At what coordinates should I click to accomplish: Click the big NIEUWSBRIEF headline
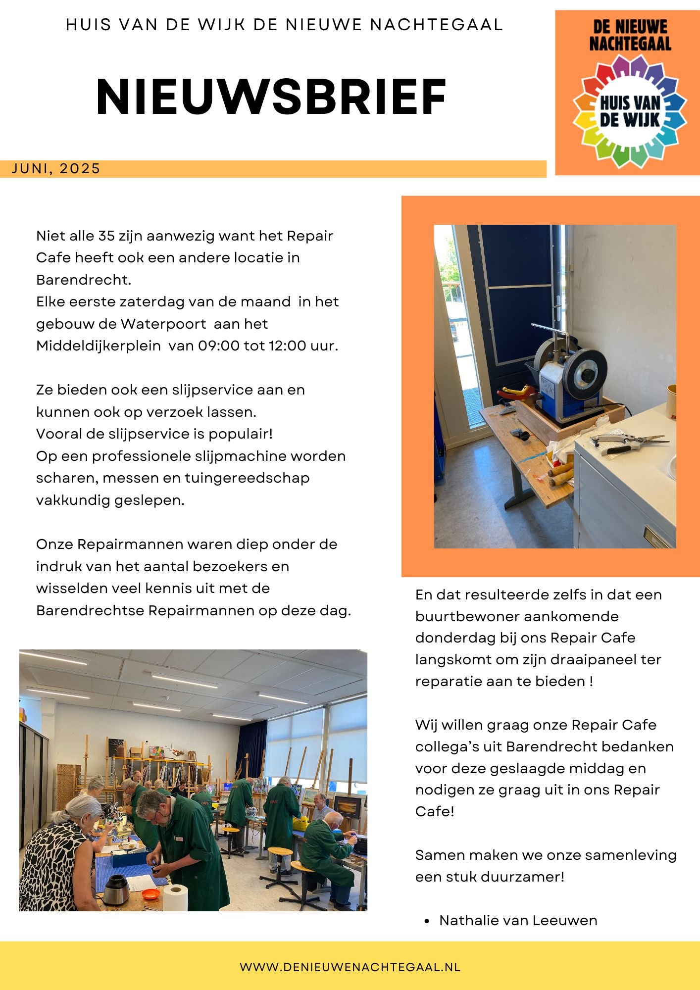click(271, 98)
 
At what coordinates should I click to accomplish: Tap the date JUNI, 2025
click(55, 169)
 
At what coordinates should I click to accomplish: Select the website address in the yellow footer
click(350, 967)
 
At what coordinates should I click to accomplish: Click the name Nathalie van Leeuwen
click(518, 920)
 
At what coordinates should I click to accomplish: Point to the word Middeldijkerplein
click(99, 346)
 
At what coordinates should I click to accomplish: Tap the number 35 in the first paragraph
click(106, 236)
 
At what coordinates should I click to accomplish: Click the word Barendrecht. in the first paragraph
click(84, 280)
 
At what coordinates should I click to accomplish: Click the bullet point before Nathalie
click(427, 921)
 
